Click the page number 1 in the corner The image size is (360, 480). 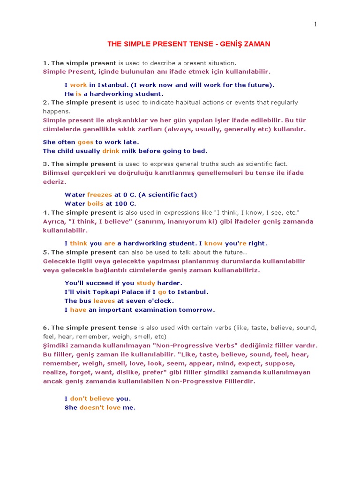tap(316, 25)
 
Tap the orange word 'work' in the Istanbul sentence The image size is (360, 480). tap(79, 85)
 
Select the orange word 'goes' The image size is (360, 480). tap(86, 142)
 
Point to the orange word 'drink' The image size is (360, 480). tap(111, 151)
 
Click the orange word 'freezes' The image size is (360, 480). tap(100, 195)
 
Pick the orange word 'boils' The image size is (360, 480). tap(96, 203)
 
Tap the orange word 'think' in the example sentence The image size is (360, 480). tap(79, 243)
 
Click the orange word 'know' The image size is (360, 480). tap(213, 243)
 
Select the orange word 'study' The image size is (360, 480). tap(145, 283)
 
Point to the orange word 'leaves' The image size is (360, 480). tap(104, 301)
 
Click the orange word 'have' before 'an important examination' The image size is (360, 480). tap(78, 310)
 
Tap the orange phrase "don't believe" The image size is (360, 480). tap(92, 398)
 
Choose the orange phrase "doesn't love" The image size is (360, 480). tap(100, 407)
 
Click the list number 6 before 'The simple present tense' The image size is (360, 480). tap(45, 328)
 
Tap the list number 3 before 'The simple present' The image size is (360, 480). tap(45, 164)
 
